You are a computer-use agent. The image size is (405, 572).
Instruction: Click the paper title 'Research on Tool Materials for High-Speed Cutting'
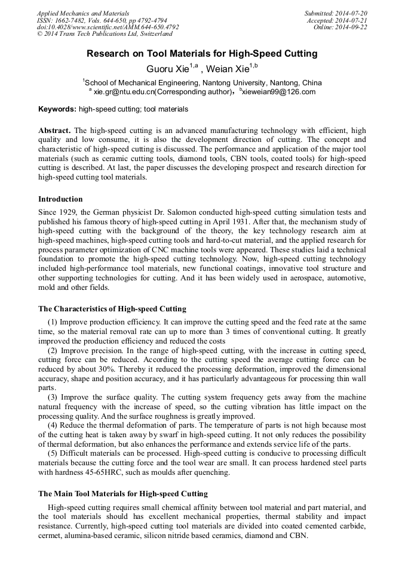pyautogui.click(x=202, y=54)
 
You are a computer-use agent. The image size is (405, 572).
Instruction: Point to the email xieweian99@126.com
pyautogui.click(x=279, y=92)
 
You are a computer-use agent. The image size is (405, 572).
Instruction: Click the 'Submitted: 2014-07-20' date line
pyautogui.click(x=335, y=13)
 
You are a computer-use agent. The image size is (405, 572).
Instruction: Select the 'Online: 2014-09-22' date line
pyautogui.click(x=340, y=27)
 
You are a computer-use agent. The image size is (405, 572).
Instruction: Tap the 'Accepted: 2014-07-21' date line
pyautogui.click(x=337, y=20)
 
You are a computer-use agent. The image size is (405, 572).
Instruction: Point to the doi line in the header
pyautogui.click(x=108, y=27)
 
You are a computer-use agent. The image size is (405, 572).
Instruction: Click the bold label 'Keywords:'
pyautogui.click(x=57, y=109)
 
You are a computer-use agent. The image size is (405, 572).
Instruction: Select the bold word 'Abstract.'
pyautogui.click(x=54, y=130)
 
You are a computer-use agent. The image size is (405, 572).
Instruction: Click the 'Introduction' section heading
pyautogui.click(x=60, y=199)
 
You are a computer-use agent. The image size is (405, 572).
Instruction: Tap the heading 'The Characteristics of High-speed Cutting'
pyautogui.click(x=112, y=309)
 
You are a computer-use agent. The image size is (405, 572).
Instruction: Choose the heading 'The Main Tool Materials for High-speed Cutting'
pyautogui.click(x=123, y=494)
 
